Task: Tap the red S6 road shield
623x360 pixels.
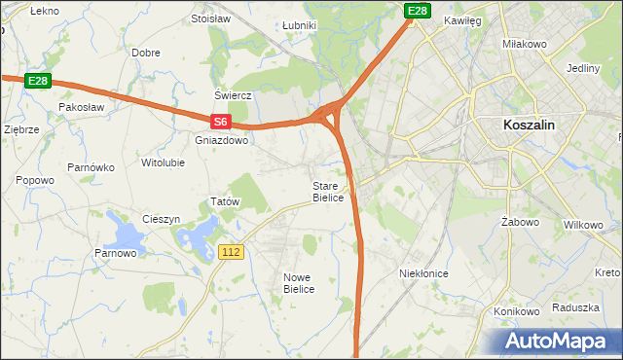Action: click(x=221, y=122)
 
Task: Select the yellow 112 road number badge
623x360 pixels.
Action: click(x=231, y=252)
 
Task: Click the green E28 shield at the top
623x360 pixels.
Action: click(x=418, y=11)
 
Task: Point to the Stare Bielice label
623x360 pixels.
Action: click(x=328, y=191)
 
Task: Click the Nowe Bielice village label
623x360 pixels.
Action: click(x=298, y=282)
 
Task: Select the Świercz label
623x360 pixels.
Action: click(x=234, y=95)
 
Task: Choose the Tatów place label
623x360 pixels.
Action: click(x=225, y=201)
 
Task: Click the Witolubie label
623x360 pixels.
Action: click(x=163, y=162)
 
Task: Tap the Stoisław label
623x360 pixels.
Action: click(x=210, y=18)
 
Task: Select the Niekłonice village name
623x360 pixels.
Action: click(x=423, y=273)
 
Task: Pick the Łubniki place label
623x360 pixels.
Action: click(x=299, y=25)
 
